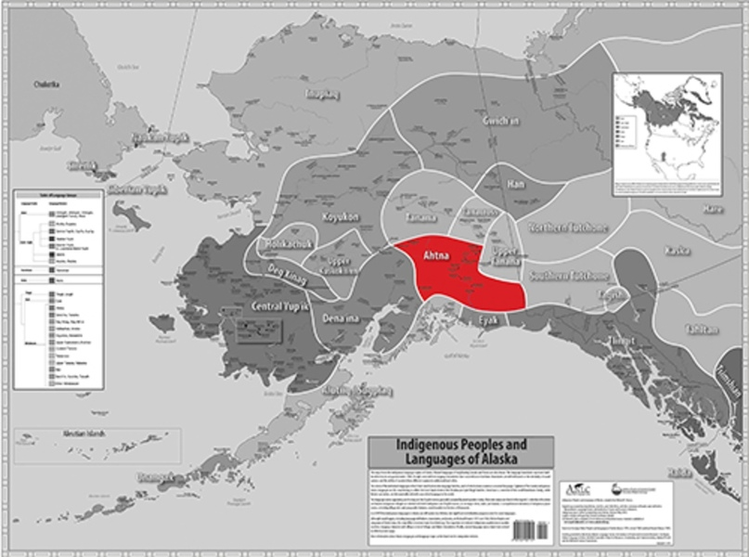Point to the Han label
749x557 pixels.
pos(516,183)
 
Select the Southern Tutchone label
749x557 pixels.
pos(569,277)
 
